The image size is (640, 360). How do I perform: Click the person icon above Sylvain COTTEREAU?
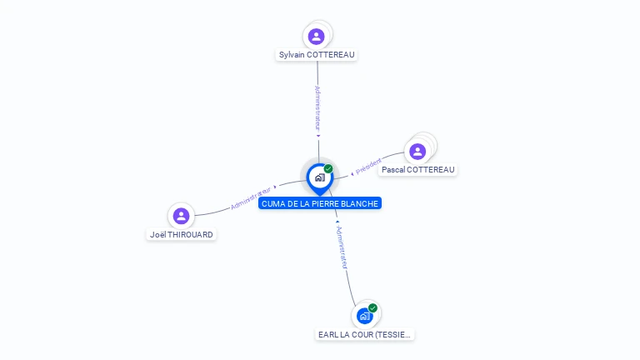click(x=316, y=36)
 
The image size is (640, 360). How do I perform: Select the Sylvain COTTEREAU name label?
click(x=317, y=55)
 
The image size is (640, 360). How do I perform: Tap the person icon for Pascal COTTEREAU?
click(x=417, y=151)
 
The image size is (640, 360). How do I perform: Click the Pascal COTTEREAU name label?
click(x=418, y=170)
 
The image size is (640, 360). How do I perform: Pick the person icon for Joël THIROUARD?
click(x=181, y=216)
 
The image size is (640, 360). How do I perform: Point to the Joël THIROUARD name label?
click(x=181, y=235)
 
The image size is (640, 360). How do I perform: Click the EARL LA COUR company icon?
click(x=364, y=316)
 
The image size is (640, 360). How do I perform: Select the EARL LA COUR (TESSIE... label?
click(x=365, y=335)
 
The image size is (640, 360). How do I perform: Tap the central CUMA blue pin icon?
click(x=319, y=177)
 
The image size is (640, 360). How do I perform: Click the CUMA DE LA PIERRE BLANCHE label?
click(x=320, y=203)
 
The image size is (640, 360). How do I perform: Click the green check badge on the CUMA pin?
click(x=328, y=169)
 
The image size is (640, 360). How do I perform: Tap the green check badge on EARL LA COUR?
click(x=372, y=308)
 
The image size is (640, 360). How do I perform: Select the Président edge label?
click(x=368, y=167)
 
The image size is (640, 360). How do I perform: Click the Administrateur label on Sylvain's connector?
click(x=317, y=107)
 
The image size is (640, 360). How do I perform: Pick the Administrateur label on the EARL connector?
click(x=342, y=247)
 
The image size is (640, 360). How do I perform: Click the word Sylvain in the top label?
click(x=292, y=55)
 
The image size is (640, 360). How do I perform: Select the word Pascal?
click(x=393, y=170)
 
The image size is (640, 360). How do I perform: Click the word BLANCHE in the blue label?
click(x=358, y=203)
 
